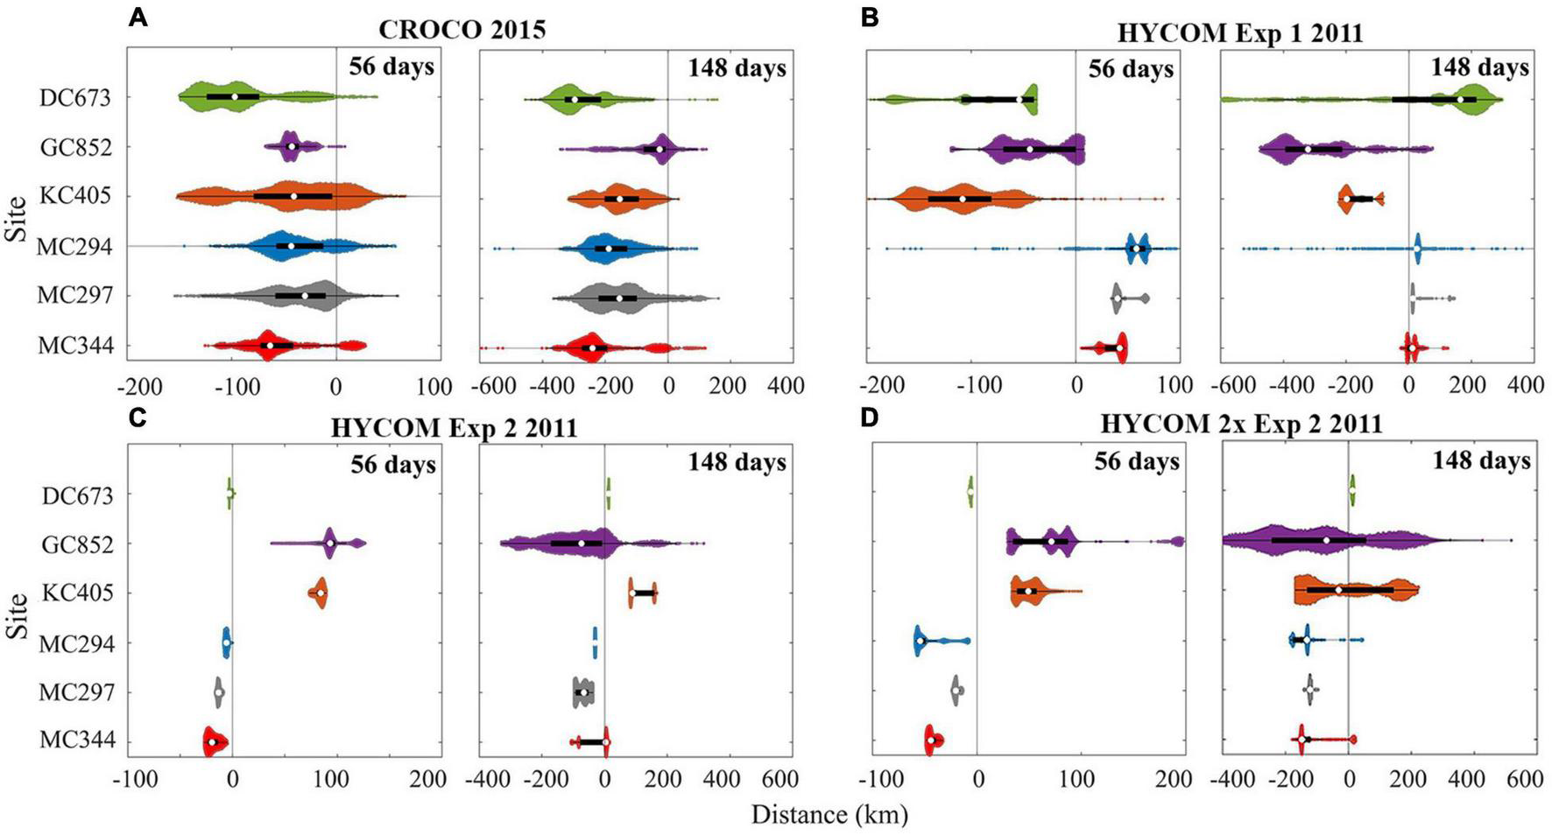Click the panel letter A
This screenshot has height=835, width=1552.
coord(137,17)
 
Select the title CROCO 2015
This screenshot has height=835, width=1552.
coord(462,29)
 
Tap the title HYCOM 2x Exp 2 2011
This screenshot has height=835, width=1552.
coord(1241,425)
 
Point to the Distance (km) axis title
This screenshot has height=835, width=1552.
coord(829,815)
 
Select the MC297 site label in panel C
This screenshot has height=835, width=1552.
coord(76,692)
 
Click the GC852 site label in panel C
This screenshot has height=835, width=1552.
coord(76,544)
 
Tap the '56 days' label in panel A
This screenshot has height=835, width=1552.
coord(392,67)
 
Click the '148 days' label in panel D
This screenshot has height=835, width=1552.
coord(1481,460)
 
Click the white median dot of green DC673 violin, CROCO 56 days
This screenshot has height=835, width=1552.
coord(235,96)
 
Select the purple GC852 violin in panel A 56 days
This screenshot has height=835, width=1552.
coord(292,146)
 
